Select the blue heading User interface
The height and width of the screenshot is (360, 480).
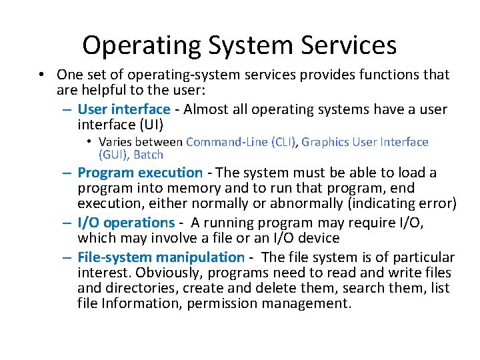[124, 109]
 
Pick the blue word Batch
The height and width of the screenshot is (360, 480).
[149, 155]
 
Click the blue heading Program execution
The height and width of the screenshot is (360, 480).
[140, 173]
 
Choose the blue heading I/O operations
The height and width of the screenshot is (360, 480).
[125, 222]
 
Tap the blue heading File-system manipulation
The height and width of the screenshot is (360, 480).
[161, 257]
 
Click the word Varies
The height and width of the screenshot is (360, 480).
[117, 141]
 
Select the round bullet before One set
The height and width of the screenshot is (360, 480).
[42, 75]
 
